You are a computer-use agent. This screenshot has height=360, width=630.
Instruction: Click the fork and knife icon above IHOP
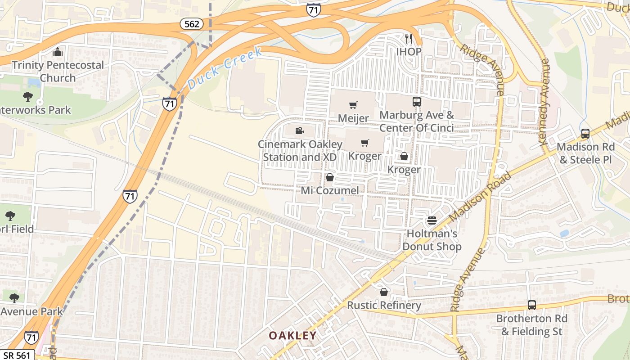409,39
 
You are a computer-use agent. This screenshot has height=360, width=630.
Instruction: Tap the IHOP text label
409,52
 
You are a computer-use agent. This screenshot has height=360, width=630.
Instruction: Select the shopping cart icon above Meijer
353,105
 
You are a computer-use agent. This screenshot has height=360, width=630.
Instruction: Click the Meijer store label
353,118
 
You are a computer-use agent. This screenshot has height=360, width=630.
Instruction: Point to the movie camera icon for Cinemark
299,131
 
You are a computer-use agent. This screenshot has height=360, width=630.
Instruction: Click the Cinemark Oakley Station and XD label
300,151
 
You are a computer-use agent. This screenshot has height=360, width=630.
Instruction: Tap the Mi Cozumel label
330,190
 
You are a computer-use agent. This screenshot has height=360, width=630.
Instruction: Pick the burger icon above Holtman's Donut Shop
432,220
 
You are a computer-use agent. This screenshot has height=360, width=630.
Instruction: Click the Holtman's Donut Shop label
432,240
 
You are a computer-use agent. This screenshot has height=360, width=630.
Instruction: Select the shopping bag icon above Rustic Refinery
384,292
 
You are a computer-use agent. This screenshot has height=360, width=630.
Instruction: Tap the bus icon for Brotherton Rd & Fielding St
531,305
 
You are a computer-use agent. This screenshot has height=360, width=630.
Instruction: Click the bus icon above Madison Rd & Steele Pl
585,134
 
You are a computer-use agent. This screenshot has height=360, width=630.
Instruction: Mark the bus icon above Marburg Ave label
417,102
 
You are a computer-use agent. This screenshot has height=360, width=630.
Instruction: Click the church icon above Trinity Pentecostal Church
57,52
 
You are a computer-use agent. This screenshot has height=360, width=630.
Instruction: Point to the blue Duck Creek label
225,67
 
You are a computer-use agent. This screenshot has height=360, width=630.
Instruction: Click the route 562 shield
192,24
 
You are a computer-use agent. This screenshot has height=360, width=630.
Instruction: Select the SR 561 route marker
17,355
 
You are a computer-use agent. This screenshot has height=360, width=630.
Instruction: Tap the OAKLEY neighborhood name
292,336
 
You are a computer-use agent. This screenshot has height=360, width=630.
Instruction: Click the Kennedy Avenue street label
544,102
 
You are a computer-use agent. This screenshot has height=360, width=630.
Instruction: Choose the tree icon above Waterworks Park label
28,96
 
